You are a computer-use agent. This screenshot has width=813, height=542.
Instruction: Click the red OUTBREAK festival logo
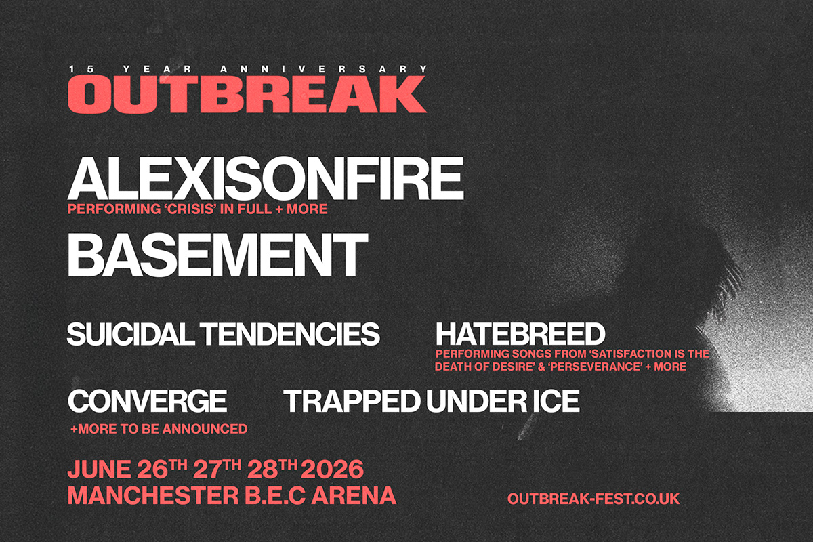(x=247, y=93)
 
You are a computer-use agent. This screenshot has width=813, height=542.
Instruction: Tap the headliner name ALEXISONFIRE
(x=265, y=178)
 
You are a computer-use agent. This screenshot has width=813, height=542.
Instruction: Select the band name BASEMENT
(x=217, y=255)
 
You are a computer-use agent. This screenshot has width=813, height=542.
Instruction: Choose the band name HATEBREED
(x=520, y=335)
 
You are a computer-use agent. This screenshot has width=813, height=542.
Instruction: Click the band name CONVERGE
(x=147, y=402)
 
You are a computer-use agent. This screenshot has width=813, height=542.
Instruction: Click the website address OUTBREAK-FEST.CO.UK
(x=593, y=499)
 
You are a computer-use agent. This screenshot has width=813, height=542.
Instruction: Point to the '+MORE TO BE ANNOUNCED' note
(x=159, y=429)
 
